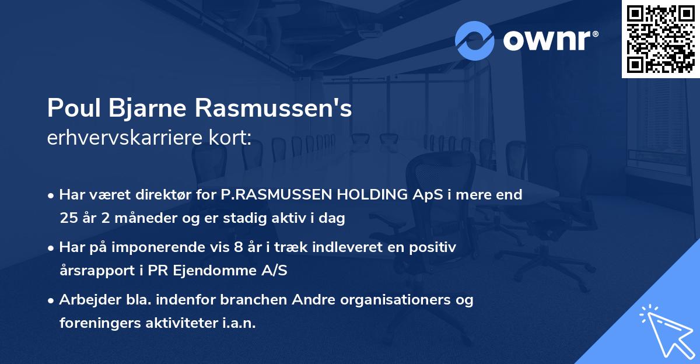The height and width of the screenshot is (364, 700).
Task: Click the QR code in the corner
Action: pos(660,39)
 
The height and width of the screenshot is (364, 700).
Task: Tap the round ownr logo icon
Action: pos(475,40)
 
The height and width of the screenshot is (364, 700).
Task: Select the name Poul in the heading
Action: pos(69,108)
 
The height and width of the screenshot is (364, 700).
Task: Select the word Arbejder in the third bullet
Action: pos(84,300)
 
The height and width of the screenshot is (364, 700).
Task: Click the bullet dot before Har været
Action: pos(52,195)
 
